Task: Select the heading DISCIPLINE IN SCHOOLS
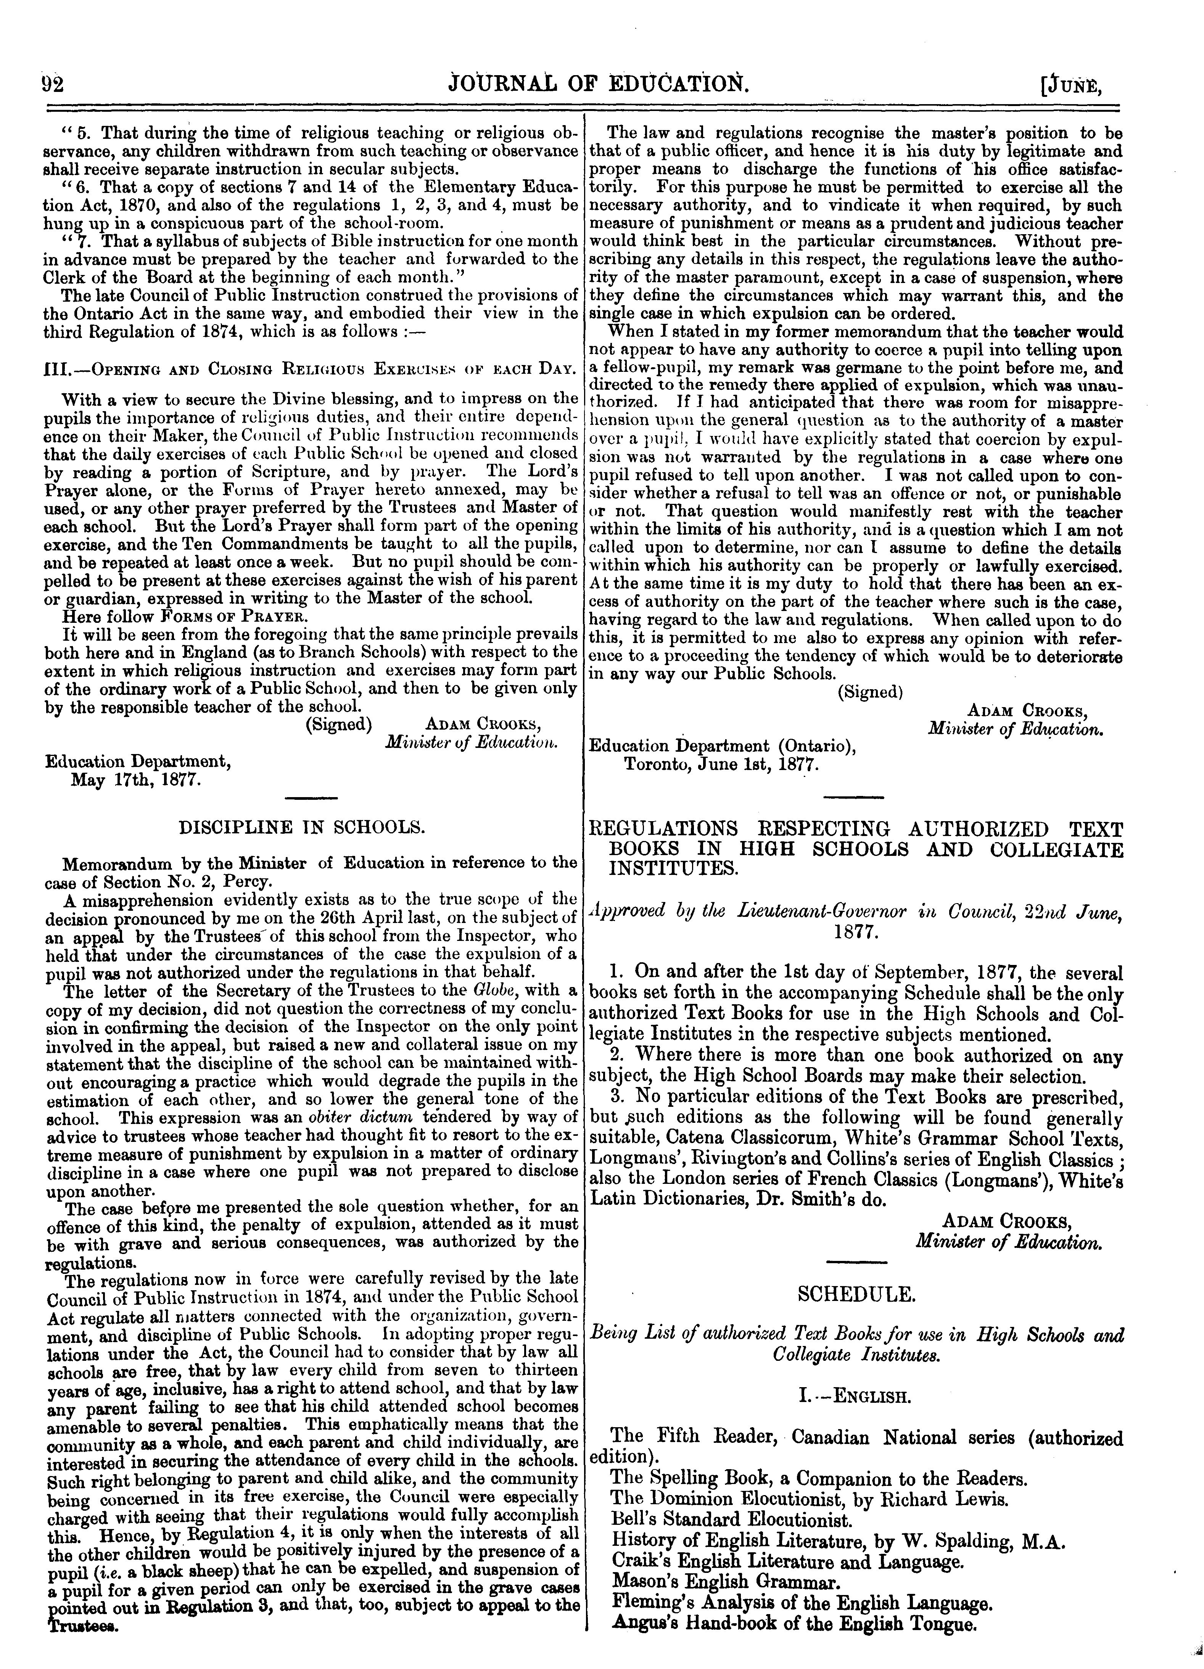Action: point(303,827)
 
